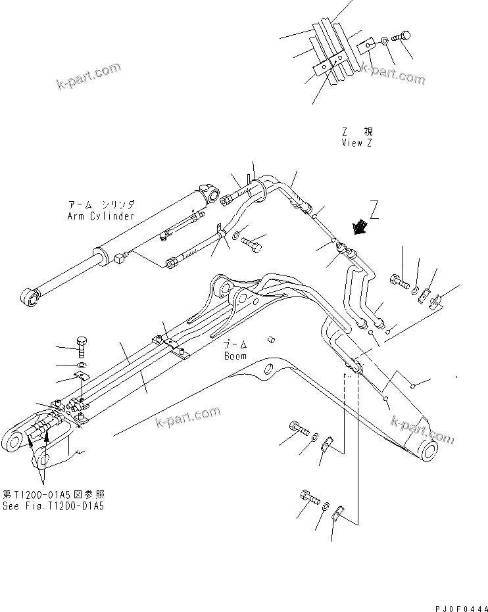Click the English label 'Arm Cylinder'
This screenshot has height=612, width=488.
(101, 216)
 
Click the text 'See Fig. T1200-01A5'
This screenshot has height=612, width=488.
(53, 506)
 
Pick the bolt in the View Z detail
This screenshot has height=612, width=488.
(401, 37)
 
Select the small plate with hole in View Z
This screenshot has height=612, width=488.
(366, 49)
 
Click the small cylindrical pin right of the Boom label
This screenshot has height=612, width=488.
(270, 339)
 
